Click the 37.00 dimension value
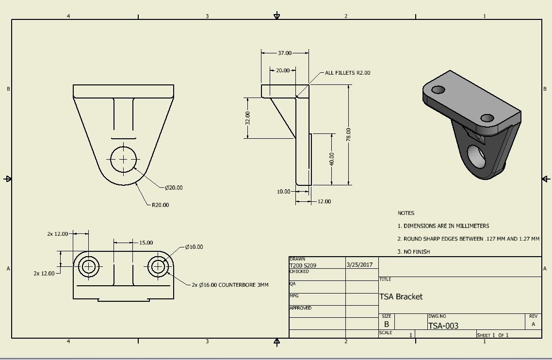click(285, 53)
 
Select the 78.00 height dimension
click(349, 134)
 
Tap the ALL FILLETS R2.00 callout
click(347, 73)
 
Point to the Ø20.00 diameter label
click(174, 188)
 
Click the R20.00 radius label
click(160, 205)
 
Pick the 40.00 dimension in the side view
click(332, 159)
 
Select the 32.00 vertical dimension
click(247, 118)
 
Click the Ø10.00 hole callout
click(194, 247)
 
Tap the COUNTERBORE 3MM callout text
click(244, 285)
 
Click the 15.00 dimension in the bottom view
click(146, 243)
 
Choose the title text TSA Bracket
click(401, 296)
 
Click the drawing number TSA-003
click(443, 326)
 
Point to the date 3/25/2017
click(359, 265)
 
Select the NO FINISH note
click(414, 252)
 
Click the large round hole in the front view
click(124, 160)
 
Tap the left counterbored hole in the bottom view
click(88, 267)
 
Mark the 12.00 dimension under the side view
click(324, 201)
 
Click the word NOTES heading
click(406, 213)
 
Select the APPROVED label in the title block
click(300, 308)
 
